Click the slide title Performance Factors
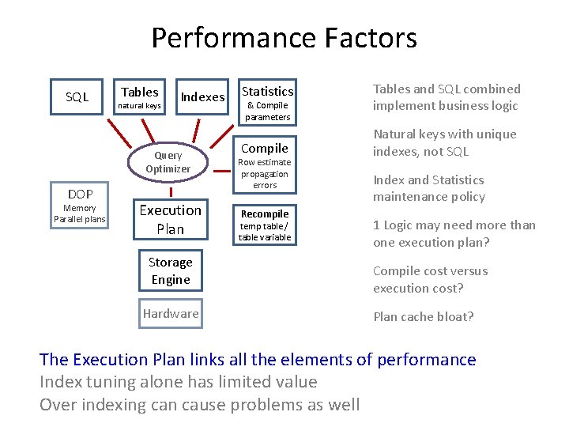coord(284,38)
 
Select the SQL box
coord(77,97)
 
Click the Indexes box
coord(202,97)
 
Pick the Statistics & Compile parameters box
coord(267,103)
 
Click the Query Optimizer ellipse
coord(168,162)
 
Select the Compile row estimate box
coord(265,165)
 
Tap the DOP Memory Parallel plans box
coord(80,206)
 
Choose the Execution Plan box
coord(170,219)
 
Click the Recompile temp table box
coord(265,225)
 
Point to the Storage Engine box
coord(171,270)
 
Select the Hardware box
coord(171,314)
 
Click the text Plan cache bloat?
coord(424,317)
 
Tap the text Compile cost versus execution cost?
coord(431,280)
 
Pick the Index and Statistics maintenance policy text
coord(429,188)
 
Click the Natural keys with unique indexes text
coord(445,143)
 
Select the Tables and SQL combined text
coord(447,97)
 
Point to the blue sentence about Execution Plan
coord(258,360)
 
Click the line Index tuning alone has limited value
coord(179,382)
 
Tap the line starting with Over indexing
coord(200,405)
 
